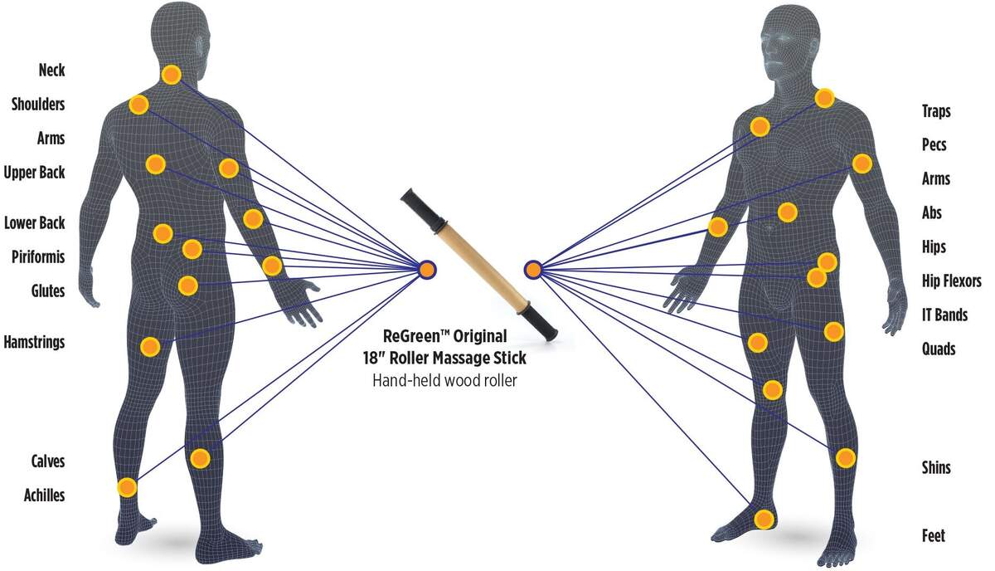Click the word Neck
click(52, 70)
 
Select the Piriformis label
click(38, 257)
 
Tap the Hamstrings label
click(34, 343)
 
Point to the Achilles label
click(45, 495)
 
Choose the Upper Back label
click(34, 173)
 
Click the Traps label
click(936, 110)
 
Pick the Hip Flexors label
click(952, 281)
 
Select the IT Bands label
click(944, 315)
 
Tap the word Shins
click(936, 467)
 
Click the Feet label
click(934, 536)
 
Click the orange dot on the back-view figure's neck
click(171, 75)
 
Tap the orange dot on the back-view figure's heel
click(127, 488)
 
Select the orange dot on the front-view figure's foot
click(764, 519)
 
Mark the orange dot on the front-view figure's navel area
click(788, 212)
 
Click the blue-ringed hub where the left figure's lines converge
click(427, 270)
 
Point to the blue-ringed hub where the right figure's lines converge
click(533, 270)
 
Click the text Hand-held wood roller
click(444, 381)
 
